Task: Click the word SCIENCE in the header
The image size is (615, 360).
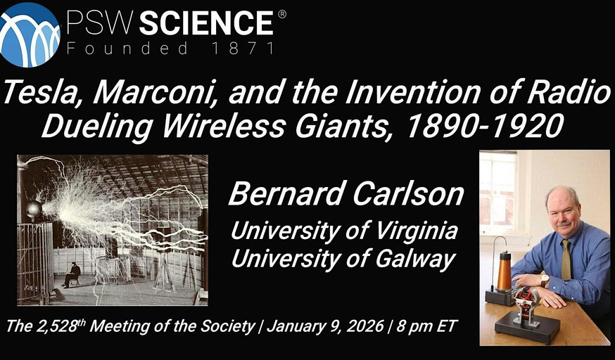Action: [x=207, y=23]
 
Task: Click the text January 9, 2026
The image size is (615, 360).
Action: [x=325, y=326]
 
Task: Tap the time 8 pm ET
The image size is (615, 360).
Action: [x=426, y=326]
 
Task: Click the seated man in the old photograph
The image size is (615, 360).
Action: [x=72, y=274]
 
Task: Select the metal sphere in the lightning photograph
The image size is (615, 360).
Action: [x=34, y=209]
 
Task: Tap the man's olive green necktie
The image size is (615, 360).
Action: [x=566, y=259]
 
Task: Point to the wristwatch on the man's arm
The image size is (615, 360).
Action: [x=545, y=280]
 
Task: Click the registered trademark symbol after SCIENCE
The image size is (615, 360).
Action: [x=282, y=14]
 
